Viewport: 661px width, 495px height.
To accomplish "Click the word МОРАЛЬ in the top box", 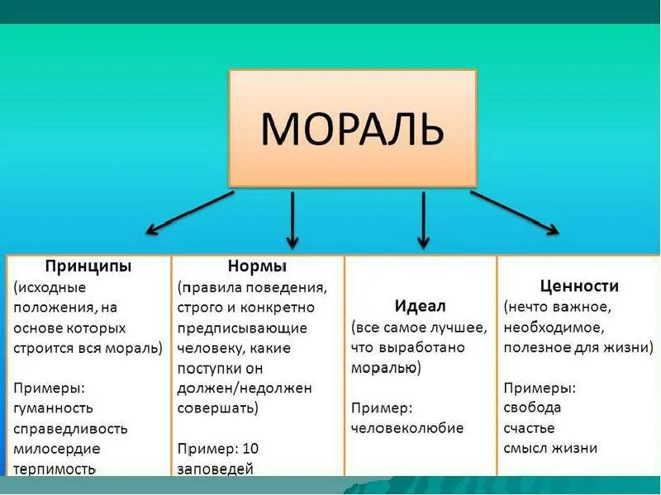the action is coord(353,129).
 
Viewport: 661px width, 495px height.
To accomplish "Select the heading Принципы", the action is coord(88,266).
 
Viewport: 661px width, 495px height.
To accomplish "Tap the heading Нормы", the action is coord(256,266).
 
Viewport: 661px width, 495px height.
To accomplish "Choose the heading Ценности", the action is coord(579,286).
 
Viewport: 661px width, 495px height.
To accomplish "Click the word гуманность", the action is coord(54,408).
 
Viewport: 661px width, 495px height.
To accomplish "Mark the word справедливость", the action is coord(70,428).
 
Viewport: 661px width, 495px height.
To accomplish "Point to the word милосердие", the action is coord(56,449).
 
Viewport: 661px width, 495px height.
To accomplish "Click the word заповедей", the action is coord(215,469).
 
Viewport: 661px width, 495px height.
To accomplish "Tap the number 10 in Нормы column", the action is coord(251,449).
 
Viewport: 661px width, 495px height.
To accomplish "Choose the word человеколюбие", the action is coord(407,428).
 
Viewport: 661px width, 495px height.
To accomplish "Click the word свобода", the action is coord(532,408).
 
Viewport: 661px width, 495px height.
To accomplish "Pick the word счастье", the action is coord(529,428).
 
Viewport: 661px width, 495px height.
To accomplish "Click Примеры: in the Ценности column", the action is coord(540,388).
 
